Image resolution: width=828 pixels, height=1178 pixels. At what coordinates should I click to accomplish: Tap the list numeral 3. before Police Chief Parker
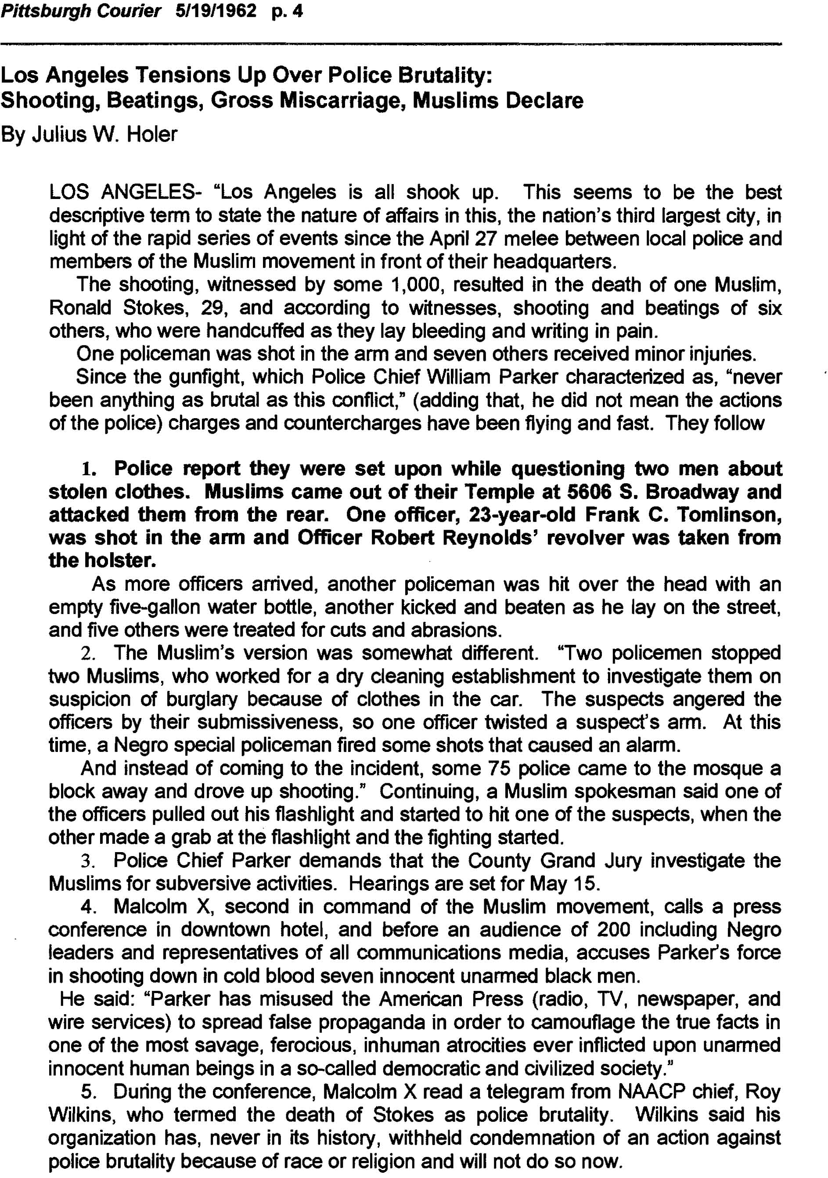[x=89, y=861]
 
